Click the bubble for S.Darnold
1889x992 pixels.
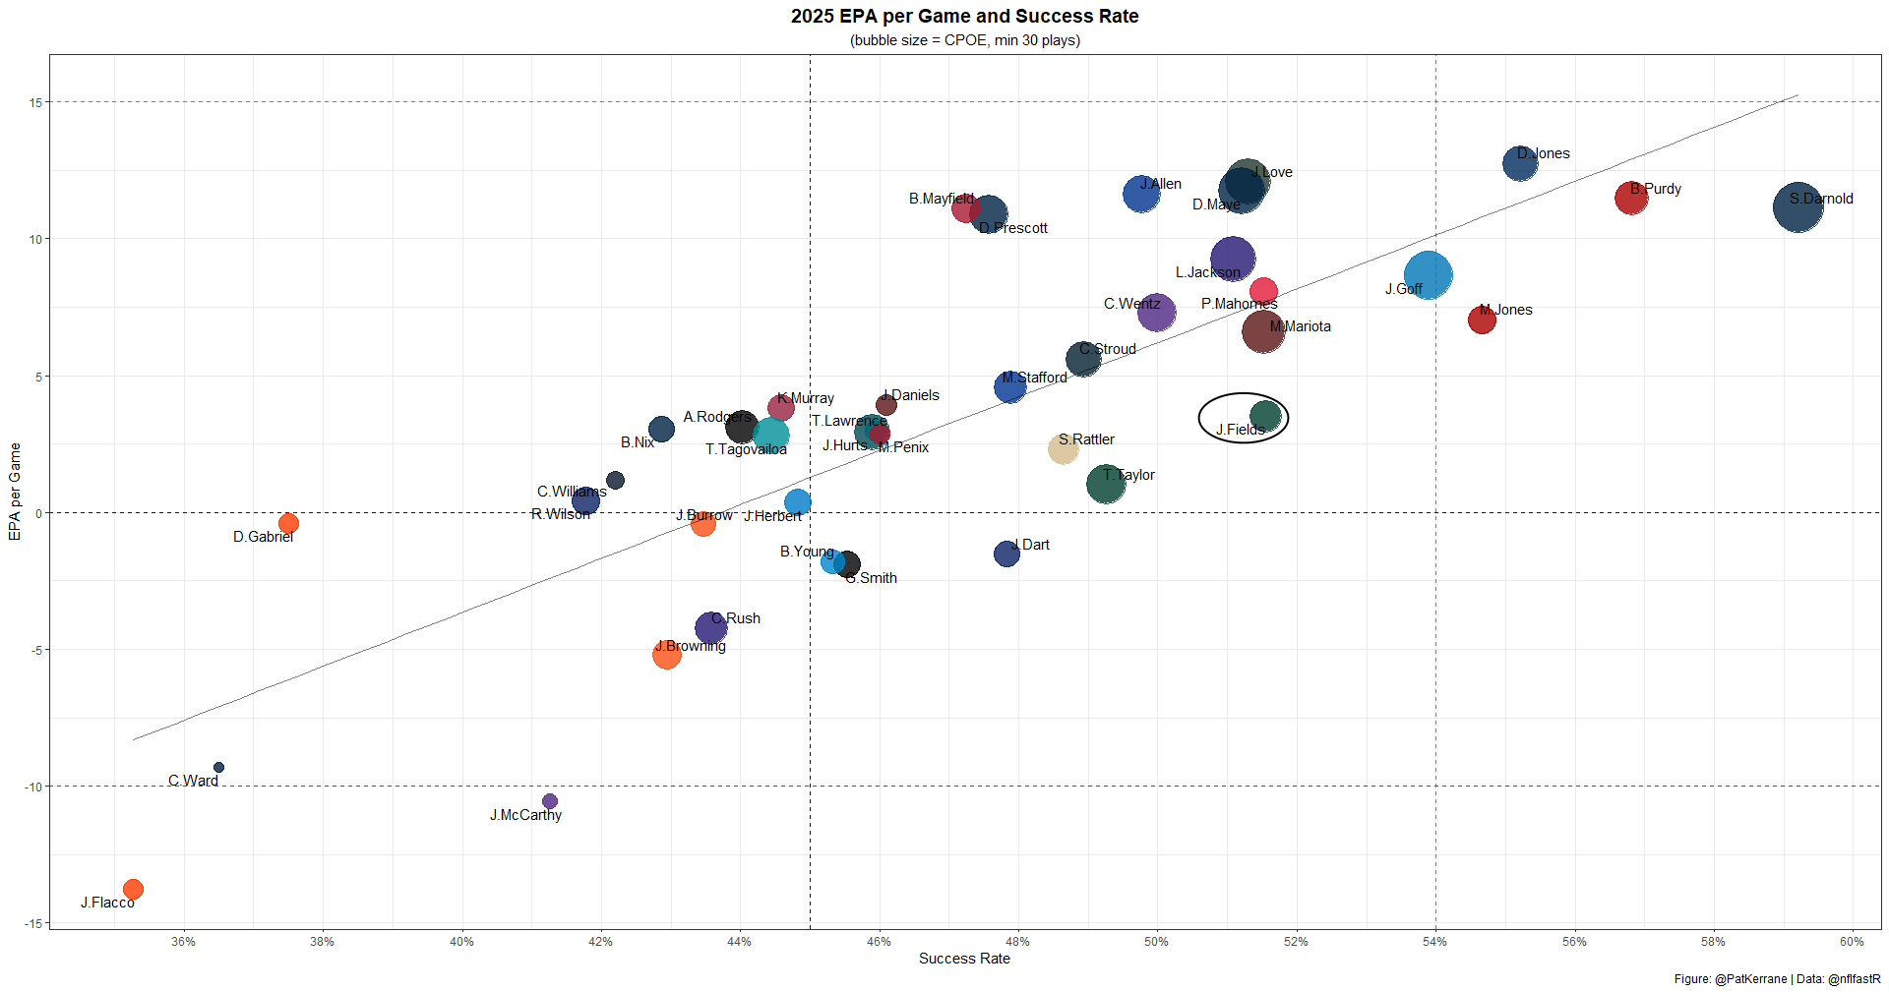(x=1798, y=207)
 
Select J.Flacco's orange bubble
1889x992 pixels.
(x=133, y=889)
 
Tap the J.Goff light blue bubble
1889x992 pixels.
(x=1428, y=275)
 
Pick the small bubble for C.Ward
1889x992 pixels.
(x=218, y=767)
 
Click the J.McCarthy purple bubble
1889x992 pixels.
(x=550, y=801)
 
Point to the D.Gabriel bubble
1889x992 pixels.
(x=288, y=523)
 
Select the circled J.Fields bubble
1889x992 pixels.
(x=1265, y=417)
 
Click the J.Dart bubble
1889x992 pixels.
(x=1005, y=554)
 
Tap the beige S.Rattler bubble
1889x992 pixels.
(x=1063, y=448)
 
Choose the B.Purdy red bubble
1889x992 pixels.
(x=1631, y=199)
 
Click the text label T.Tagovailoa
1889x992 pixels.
(x=746, y=449)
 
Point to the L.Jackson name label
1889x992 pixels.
(x=1207, y=272)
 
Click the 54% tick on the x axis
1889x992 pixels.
(x=1434, y=942)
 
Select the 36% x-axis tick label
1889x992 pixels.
(x=183, y=942)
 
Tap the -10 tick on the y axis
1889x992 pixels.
(x=32, y=787)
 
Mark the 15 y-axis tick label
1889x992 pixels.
(x=35, y=102)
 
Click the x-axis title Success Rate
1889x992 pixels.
(x=964, y=959)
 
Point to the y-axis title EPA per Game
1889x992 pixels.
(x=15, y=492)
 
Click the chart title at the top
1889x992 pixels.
(x=964, y=17)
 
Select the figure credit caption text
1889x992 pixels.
(x=1777, y=979)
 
